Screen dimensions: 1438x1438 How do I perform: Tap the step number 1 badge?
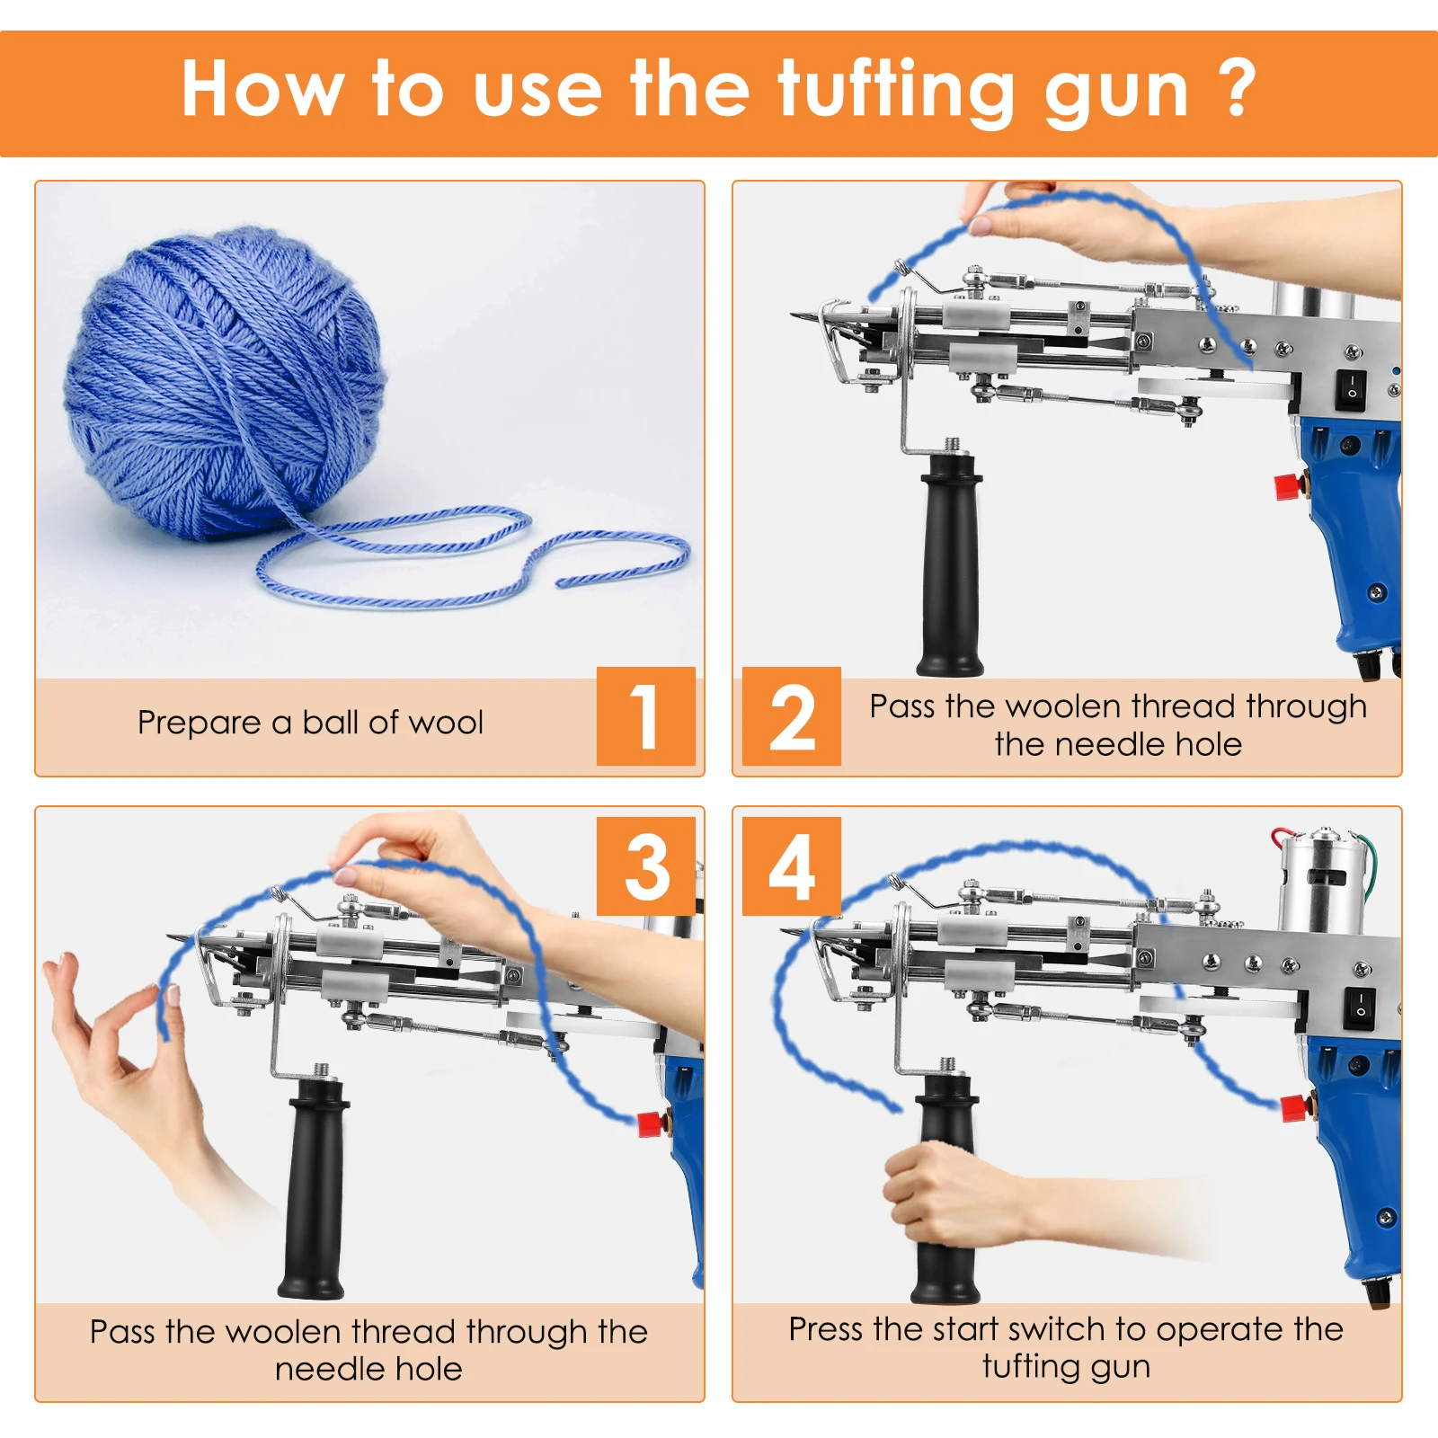click(x=646, y=716)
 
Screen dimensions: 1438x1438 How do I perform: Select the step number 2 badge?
click(x=792, y=716)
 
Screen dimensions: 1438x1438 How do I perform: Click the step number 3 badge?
click(x=646, y=866)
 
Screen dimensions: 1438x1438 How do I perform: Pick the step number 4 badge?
click(x=792, y=866)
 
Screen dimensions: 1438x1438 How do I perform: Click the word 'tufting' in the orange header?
click(x=895, y=92)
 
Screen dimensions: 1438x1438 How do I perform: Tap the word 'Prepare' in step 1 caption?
click(x=199, y=723)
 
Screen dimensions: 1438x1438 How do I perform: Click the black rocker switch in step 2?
click(x=1351, y=388)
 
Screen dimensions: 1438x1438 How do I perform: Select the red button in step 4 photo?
click(x=1293, y=1108)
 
